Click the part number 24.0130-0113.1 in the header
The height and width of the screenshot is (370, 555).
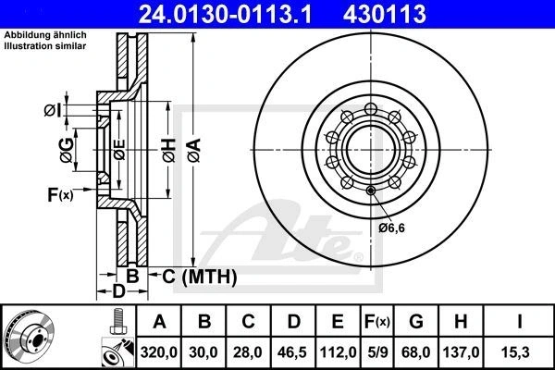[x=226, y=14]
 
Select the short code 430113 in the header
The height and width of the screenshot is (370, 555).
[x=385, y=14]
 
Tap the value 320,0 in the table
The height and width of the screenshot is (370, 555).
[x=159, y=352]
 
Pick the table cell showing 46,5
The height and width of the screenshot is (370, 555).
[x=292, y=352]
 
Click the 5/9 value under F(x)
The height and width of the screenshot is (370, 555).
[x=377, y=352]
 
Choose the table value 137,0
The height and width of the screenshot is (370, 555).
[x=461, y=352]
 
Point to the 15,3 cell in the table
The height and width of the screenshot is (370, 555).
[x=515, y=352]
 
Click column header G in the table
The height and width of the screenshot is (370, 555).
[x=416, y=322]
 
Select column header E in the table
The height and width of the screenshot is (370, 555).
[x=338, y=322]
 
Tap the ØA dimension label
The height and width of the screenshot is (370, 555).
[x=194, y=151]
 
